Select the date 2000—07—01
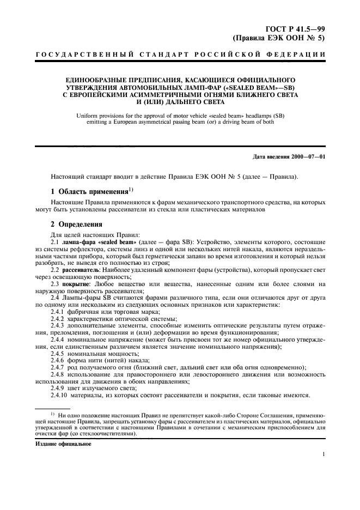308,157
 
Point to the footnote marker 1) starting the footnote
53,415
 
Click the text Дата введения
272,157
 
